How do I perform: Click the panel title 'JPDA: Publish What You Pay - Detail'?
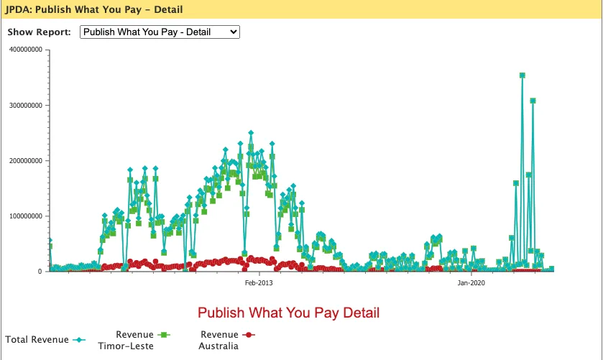tap(93, 10)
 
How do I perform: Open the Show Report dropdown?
tap(160, 32)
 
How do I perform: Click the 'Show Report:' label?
tap(40, 32)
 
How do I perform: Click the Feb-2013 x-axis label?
tap(259, 283)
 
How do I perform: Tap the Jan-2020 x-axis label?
tap(471, 283)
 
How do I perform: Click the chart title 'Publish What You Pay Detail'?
tap(288, 313)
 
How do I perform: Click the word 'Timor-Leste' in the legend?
tap(126, 346)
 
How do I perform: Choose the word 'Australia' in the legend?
tap(218, 346)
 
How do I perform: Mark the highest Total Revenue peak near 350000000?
tap(523, 75)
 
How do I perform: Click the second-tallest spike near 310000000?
tap(533, 101)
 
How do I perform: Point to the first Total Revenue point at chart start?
tap(50, 241)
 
